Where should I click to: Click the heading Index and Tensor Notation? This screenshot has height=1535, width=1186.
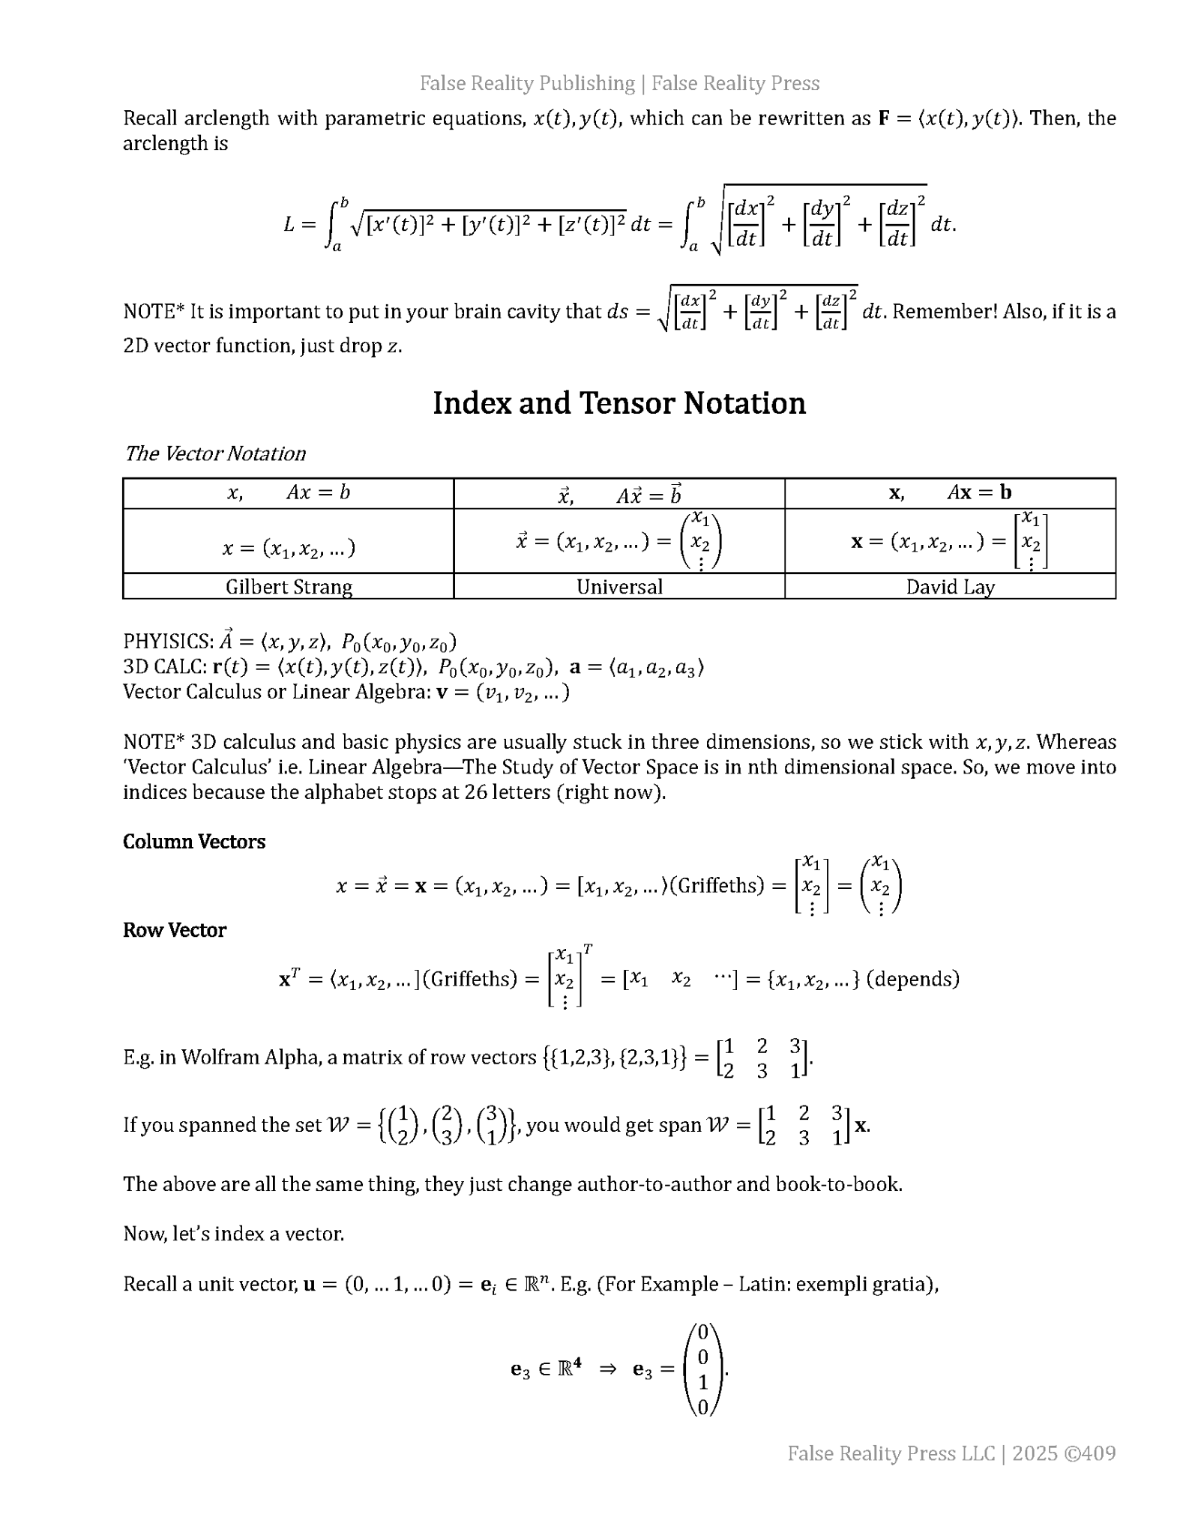point(618,403)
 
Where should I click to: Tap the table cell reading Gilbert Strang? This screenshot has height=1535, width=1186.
point(289,586)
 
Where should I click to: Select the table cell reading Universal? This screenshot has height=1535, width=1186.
point(619,586)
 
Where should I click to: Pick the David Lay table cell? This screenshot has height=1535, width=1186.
point(950,586)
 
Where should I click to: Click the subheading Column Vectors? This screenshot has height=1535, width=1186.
point(194,842)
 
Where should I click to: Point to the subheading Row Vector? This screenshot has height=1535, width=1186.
point(175,930)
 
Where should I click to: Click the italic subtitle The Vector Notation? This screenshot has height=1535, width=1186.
point(215,453)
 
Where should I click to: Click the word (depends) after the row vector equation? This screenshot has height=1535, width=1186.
point(912,979)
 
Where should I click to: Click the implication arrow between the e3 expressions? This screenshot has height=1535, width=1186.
point(607,1369)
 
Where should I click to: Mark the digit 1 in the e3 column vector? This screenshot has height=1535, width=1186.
point(702,1381)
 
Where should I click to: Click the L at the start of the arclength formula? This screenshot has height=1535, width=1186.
point(289,224)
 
